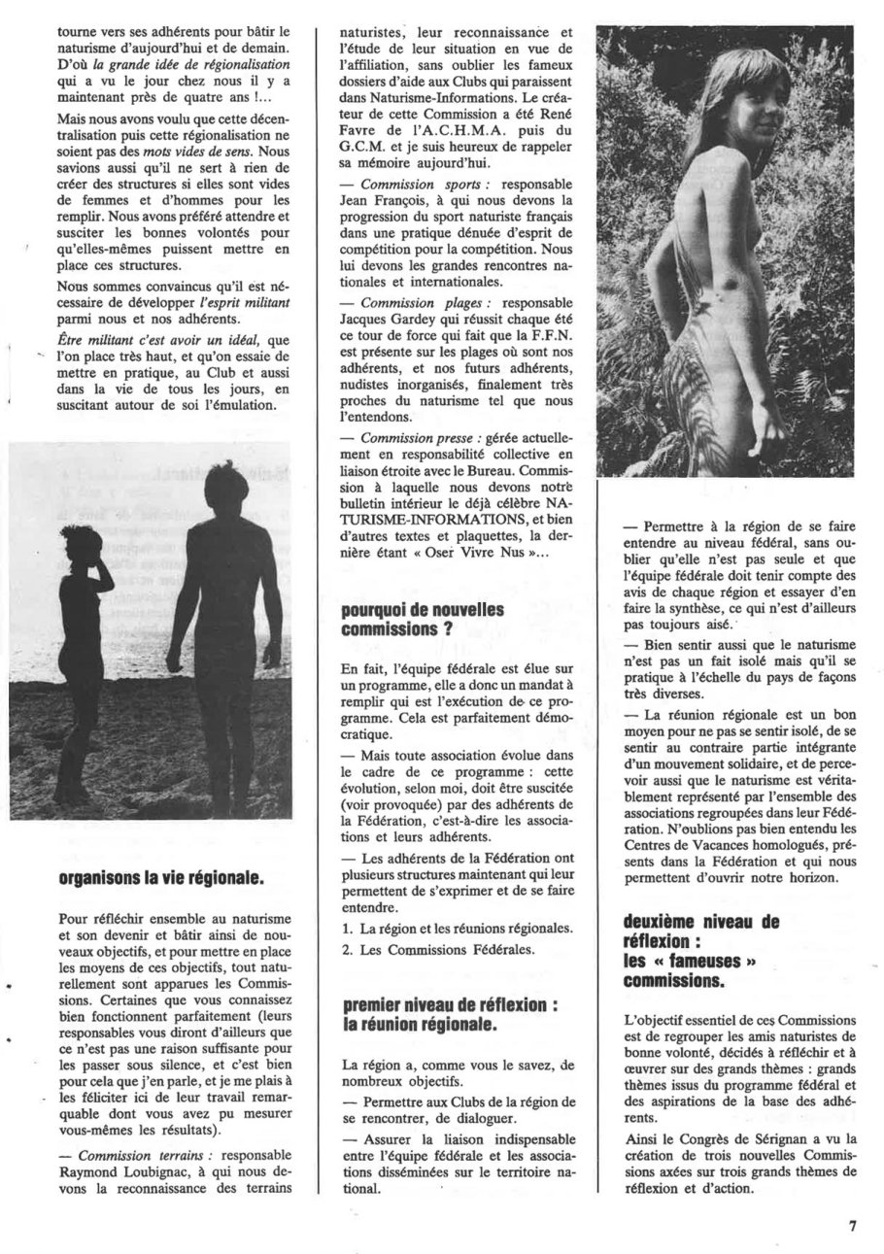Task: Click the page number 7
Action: pos(851,1225)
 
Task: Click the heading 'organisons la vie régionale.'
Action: pos(160,879)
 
